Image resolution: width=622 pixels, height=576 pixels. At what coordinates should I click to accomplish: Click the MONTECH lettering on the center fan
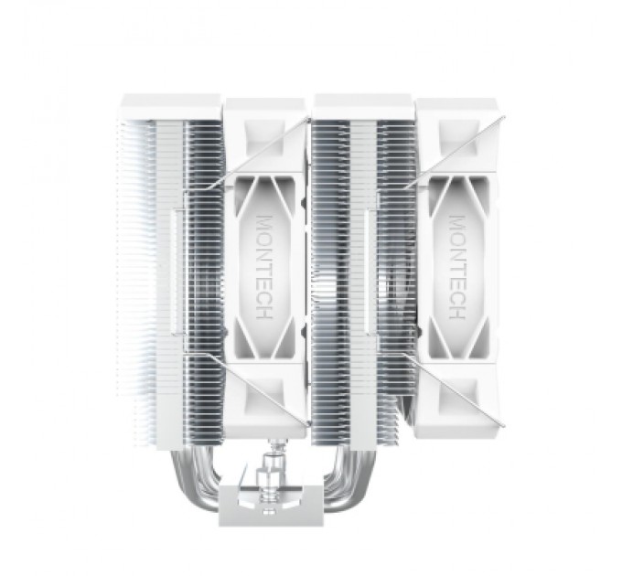[x=264, y=269]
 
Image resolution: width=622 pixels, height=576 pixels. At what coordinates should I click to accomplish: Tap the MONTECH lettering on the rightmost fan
[x=457, y=269]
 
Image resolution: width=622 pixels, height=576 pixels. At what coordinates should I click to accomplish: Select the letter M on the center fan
[x=264, y=223]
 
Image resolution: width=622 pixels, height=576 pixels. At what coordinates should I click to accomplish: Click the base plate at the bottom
[x=264, y=506]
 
